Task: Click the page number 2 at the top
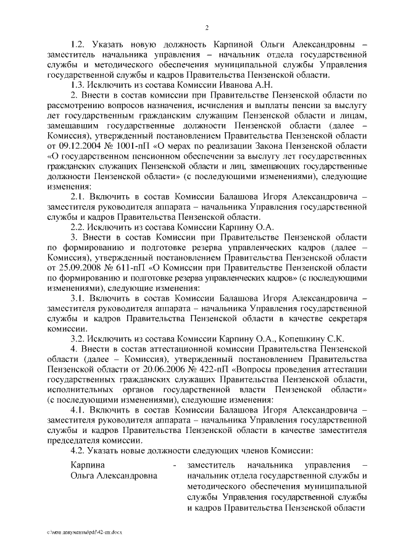pos(207,27)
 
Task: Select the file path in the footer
pos(80,531)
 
